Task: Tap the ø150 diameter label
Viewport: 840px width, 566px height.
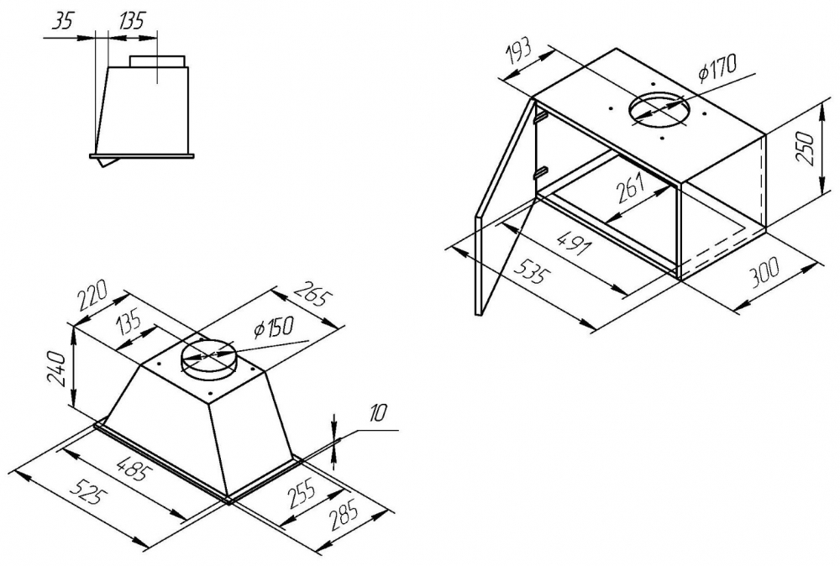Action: (274, 327)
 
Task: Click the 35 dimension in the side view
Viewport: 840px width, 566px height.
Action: (62, 22)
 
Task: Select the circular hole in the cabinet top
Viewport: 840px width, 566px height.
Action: (661, 110)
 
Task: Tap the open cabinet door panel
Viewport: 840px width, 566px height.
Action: (504, 210)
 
